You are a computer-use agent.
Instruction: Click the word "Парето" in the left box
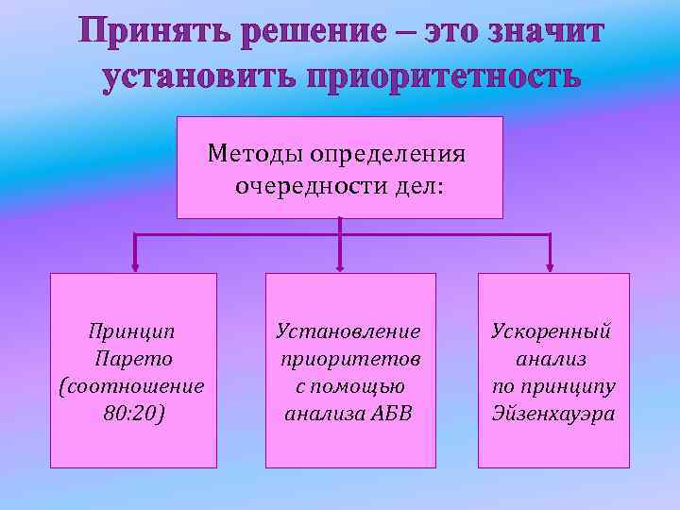(x=133, y=359)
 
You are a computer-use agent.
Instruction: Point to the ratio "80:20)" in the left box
(x=133, y=414)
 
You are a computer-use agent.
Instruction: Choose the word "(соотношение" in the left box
(x=133, y=386)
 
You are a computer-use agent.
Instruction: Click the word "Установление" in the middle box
(x=348, y=331)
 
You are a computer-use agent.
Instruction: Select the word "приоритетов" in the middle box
(x=350, y=359)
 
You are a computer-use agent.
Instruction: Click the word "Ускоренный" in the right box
(x=552, y=331)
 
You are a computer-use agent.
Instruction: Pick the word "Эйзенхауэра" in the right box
(x=553, y=414)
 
